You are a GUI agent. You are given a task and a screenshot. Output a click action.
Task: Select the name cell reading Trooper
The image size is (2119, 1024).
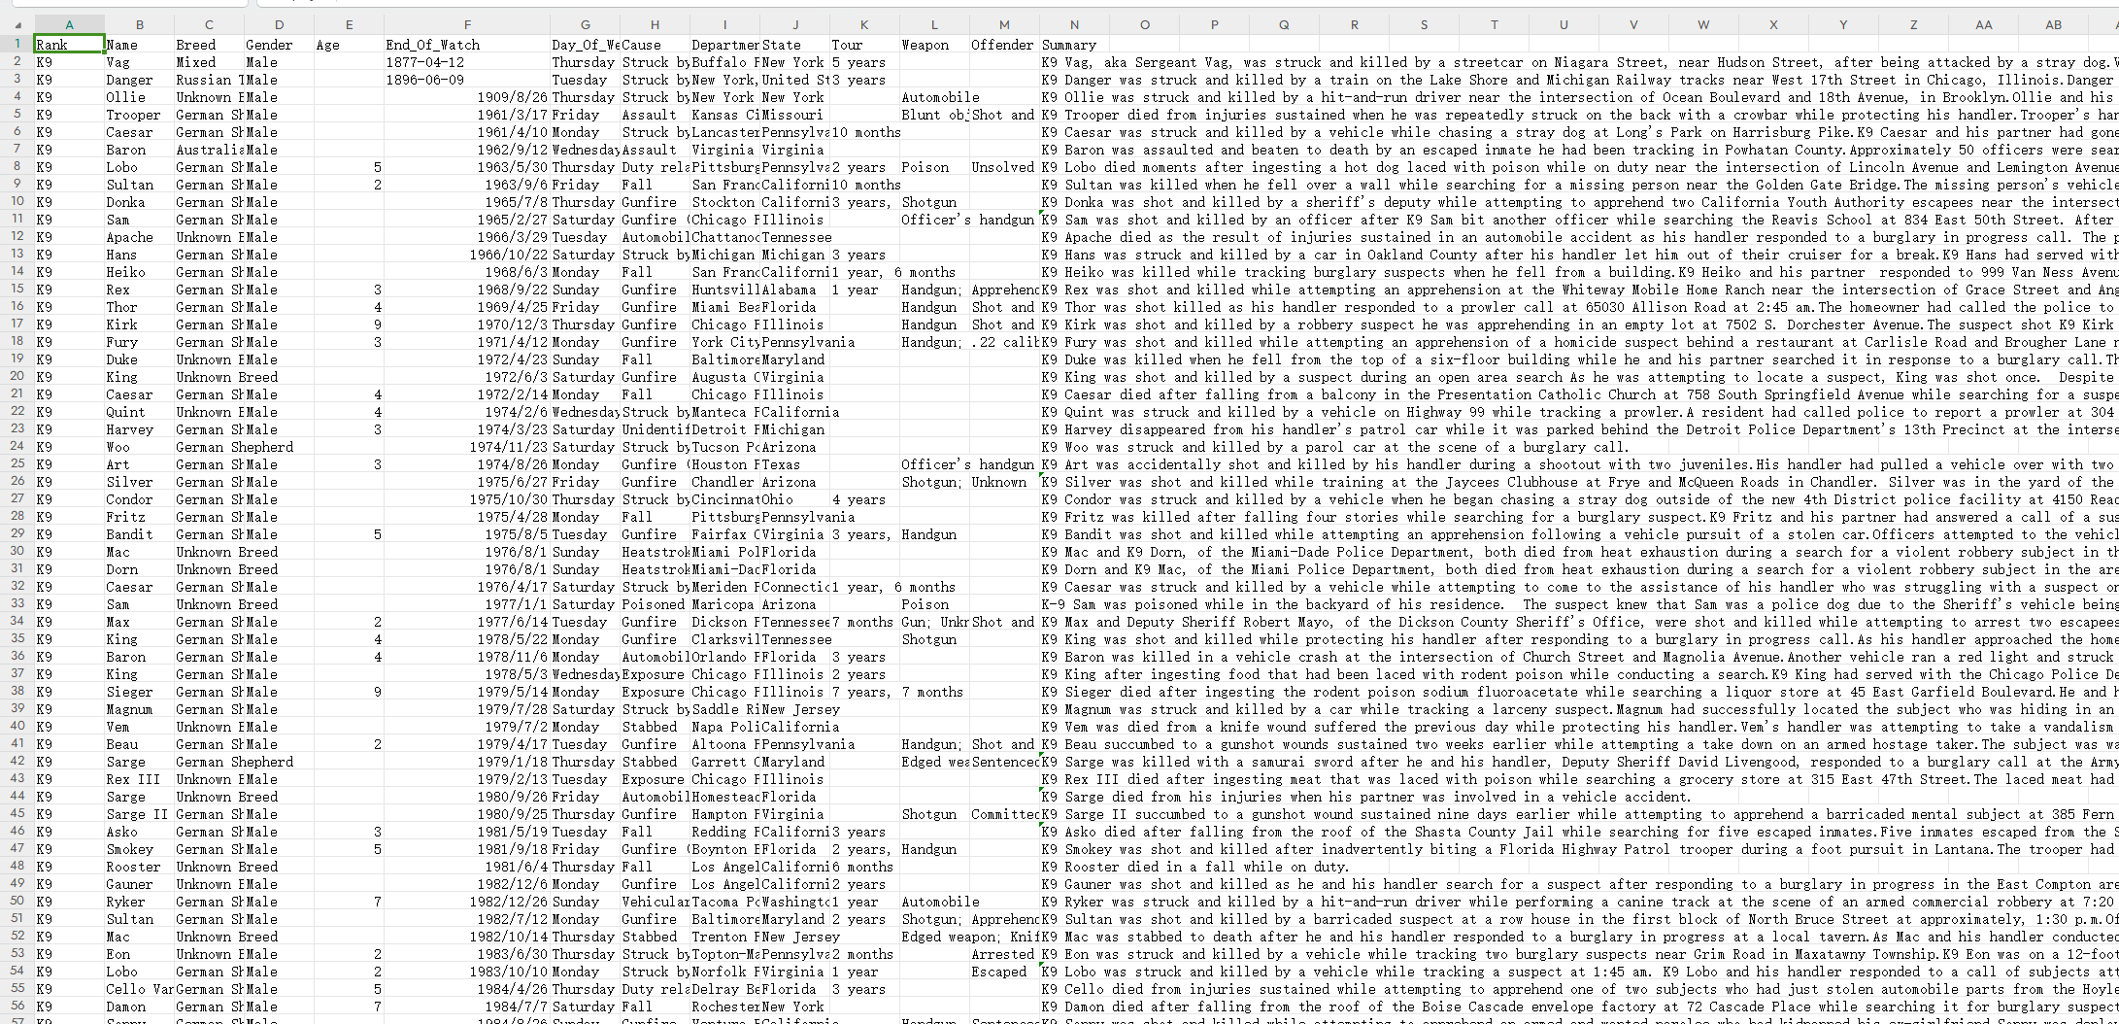[134, 115]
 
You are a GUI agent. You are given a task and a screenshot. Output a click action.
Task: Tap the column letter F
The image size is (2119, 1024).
[467, 24]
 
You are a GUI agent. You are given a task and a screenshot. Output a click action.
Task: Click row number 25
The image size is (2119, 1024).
[17, 464]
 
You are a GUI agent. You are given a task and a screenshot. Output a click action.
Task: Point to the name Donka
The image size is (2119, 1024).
[125, 202]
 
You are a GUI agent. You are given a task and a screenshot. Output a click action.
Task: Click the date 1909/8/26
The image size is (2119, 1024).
[512, 97]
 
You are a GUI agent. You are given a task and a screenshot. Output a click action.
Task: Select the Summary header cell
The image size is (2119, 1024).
[1068, 45]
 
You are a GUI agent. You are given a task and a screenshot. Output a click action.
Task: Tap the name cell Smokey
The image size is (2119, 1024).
[130, 849]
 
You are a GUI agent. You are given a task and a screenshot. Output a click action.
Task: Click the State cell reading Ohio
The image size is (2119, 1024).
[777, 499]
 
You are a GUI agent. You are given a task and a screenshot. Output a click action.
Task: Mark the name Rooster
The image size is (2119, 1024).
[133, 867]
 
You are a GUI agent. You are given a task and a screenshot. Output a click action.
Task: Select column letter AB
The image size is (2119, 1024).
[2053, 24]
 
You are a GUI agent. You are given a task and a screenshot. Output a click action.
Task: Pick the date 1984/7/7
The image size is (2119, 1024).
[516, 1007]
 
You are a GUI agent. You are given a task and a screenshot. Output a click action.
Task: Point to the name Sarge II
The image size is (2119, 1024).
[137, 814]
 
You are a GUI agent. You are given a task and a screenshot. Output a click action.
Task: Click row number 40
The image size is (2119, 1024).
[17, 727]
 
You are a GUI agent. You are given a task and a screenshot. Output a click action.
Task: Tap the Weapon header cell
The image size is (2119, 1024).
[925, 45]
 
